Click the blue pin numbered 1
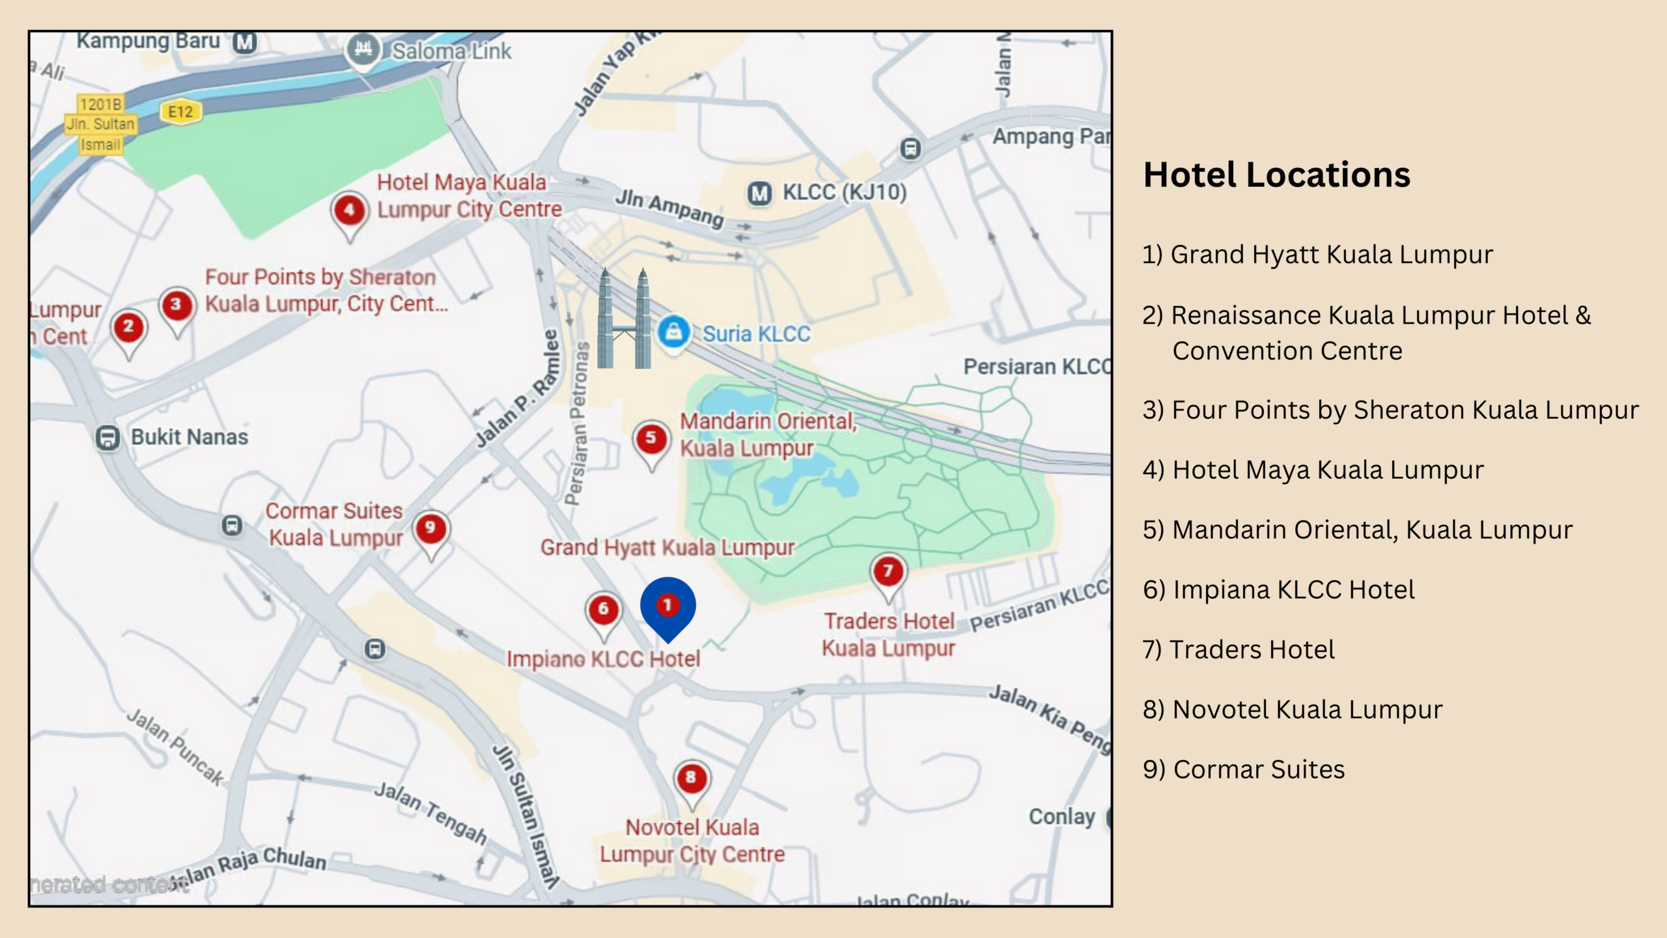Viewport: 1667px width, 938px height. click(667, 606)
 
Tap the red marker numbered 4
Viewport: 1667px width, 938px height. click(350, 210)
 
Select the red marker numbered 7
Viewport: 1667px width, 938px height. click(888, 572)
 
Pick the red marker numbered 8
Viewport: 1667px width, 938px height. click(691, 778)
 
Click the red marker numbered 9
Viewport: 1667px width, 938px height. click(430, 528)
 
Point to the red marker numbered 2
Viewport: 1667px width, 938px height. click(128, 327)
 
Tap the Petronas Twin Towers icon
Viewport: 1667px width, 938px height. click(624, 319)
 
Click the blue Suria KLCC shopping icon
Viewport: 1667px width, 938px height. click(673, 332)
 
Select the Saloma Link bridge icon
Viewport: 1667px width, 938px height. click(363, 50)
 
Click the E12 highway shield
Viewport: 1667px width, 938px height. click(180, 112)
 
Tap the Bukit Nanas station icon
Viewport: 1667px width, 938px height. click(107, 438)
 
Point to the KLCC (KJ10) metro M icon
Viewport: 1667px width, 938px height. click(759, 193)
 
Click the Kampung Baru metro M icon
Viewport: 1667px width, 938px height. click(245, 42)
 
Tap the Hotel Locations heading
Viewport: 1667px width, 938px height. click(1276, 175)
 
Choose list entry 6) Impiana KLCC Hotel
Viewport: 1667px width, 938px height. click(1278, 590)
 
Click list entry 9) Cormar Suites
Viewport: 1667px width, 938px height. click(1243, 770)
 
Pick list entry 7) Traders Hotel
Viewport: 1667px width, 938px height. click(1239, 650)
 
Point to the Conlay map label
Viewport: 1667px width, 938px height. click(1061, 817)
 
